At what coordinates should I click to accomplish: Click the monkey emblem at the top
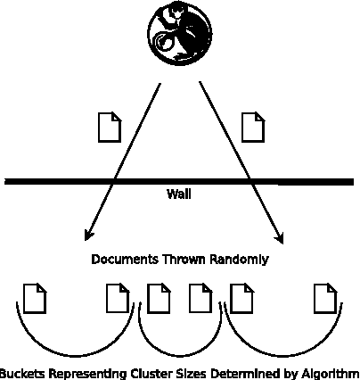[179, 33]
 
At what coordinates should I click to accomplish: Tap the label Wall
[179, 194]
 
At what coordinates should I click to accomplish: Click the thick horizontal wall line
[53, 182]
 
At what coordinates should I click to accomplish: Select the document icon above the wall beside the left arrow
[109, 127]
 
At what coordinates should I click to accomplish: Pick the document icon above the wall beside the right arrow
[254, 127]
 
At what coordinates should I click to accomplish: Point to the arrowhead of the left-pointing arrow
[87, 236]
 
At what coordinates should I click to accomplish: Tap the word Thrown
[181, 260]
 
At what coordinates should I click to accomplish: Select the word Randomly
[238, 260]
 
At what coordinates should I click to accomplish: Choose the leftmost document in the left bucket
[35, 298]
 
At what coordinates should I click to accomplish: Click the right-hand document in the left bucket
[118, 298]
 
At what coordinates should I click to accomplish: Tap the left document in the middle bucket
[159, 298]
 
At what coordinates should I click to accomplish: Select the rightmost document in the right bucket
[325, 298]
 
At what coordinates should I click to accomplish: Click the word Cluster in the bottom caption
[132, 374]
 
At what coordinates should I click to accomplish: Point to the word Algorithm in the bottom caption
[331, 374]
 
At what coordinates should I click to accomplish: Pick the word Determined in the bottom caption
[236, 374]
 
